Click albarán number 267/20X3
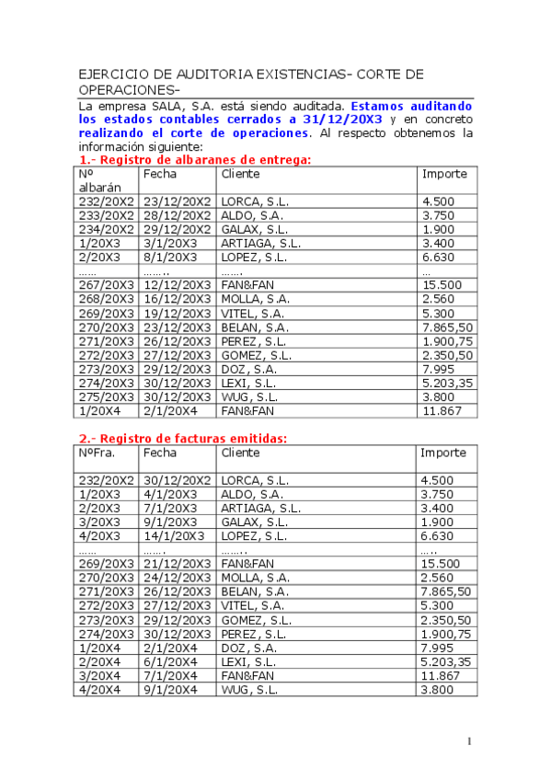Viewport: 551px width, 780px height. click(106, 285)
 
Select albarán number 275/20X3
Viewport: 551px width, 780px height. click(106, 397)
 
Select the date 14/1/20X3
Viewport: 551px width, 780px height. click(174, 535)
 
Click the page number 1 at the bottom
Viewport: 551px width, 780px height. click(469, 741)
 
